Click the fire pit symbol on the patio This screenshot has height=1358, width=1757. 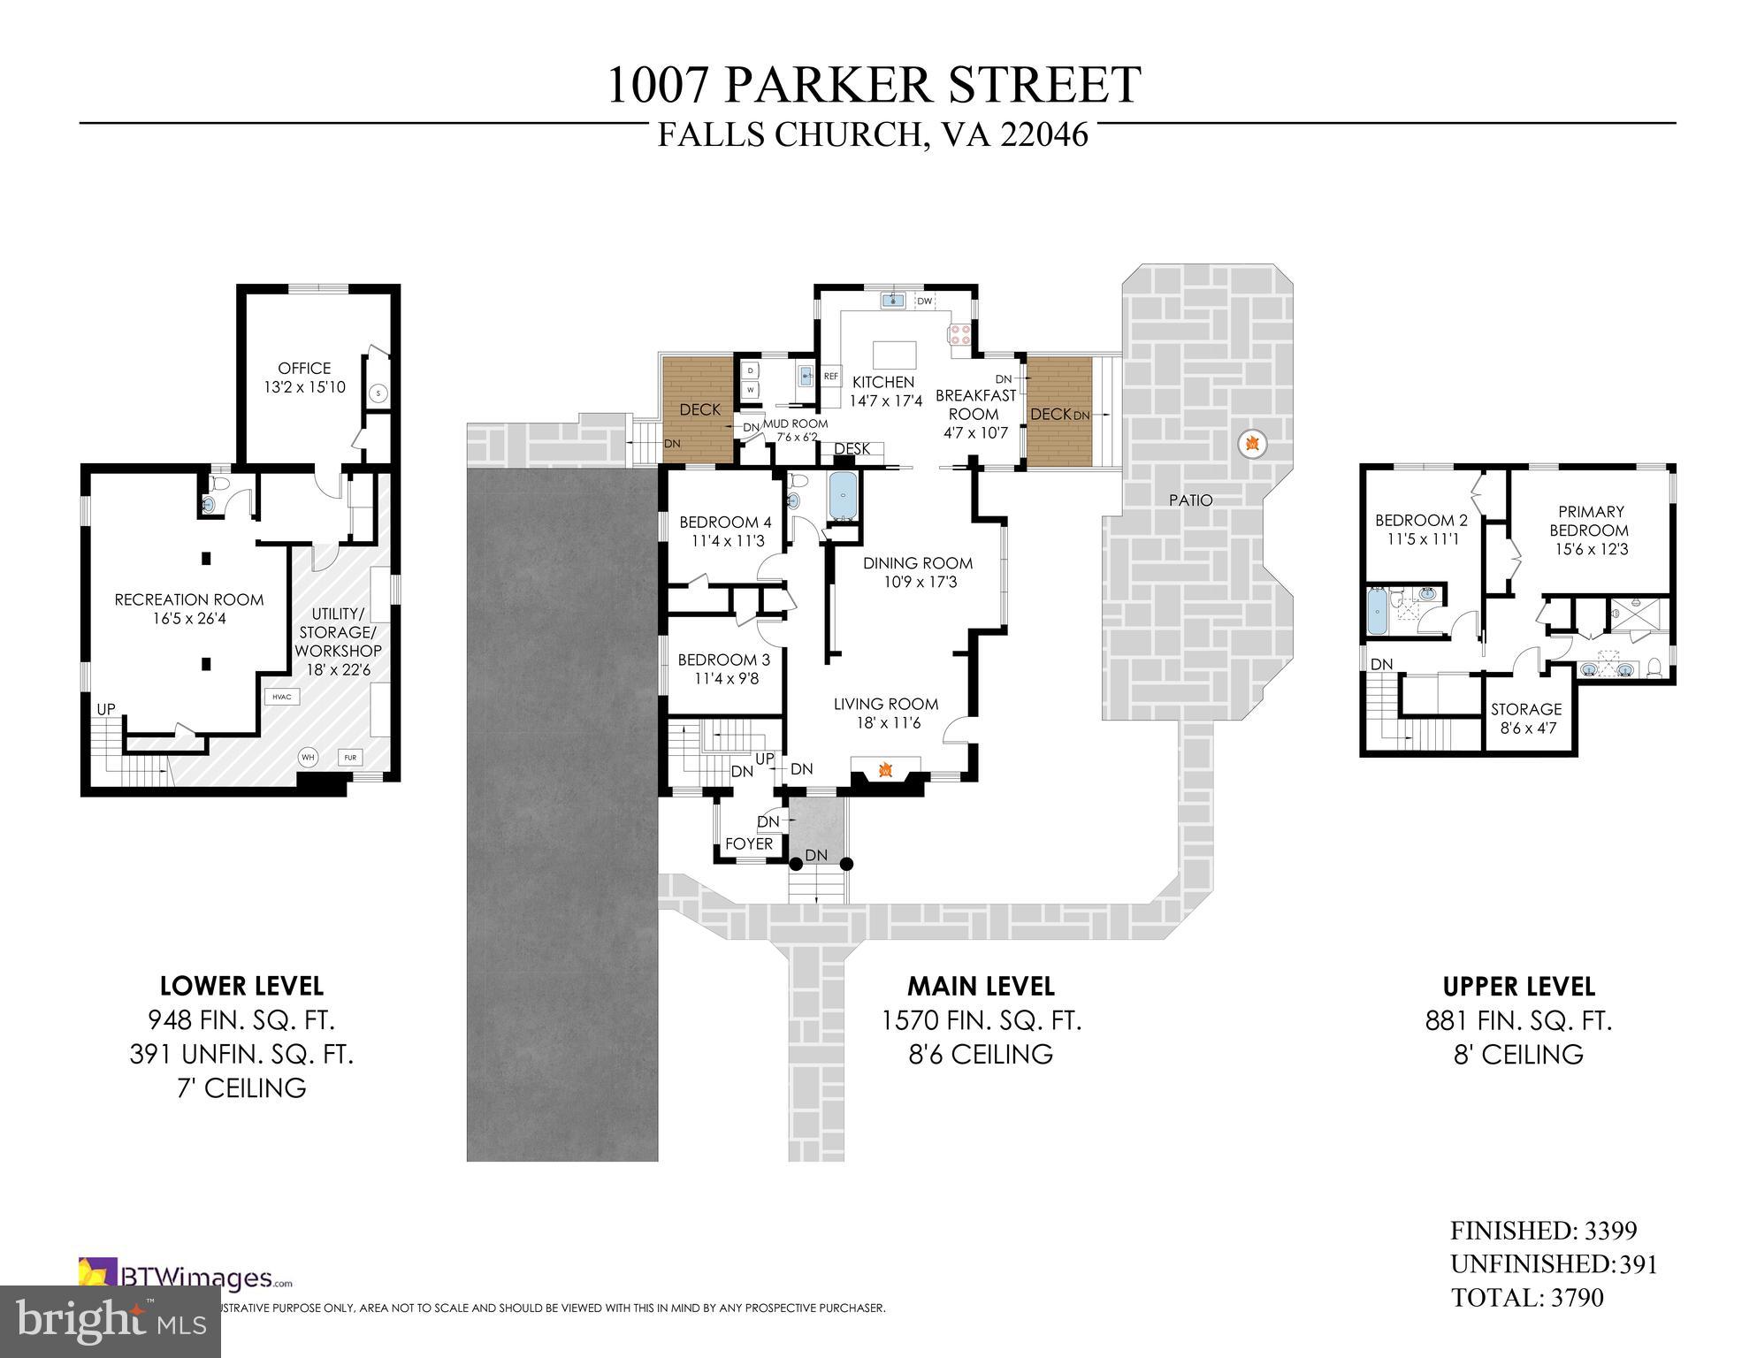click(1251, 443)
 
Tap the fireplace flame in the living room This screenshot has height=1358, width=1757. click(884, 771)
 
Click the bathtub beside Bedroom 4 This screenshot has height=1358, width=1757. click(844, 498)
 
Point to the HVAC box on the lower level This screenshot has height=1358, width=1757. click(282, 697)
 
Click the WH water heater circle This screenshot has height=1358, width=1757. click(308, 757)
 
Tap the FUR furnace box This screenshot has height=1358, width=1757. click(350, 758)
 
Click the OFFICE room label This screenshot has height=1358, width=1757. click(304, 368)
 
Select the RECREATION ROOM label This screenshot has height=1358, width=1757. click(189, 599)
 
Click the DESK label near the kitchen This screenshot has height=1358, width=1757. click(852, 449)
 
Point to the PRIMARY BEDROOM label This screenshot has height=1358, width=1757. click(1592, 521)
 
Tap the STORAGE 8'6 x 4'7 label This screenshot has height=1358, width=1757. click(1525, 719)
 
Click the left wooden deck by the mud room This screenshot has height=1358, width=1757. click(699, 408)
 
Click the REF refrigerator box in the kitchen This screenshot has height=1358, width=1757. click(830, 377)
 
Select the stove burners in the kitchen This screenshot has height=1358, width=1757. click(959, 335)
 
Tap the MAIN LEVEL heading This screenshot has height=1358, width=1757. click(981, 986)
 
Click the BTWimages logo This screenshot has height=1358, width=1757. click(186, 1278)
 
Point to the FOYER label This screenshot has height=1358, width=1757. click(749, 843)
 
